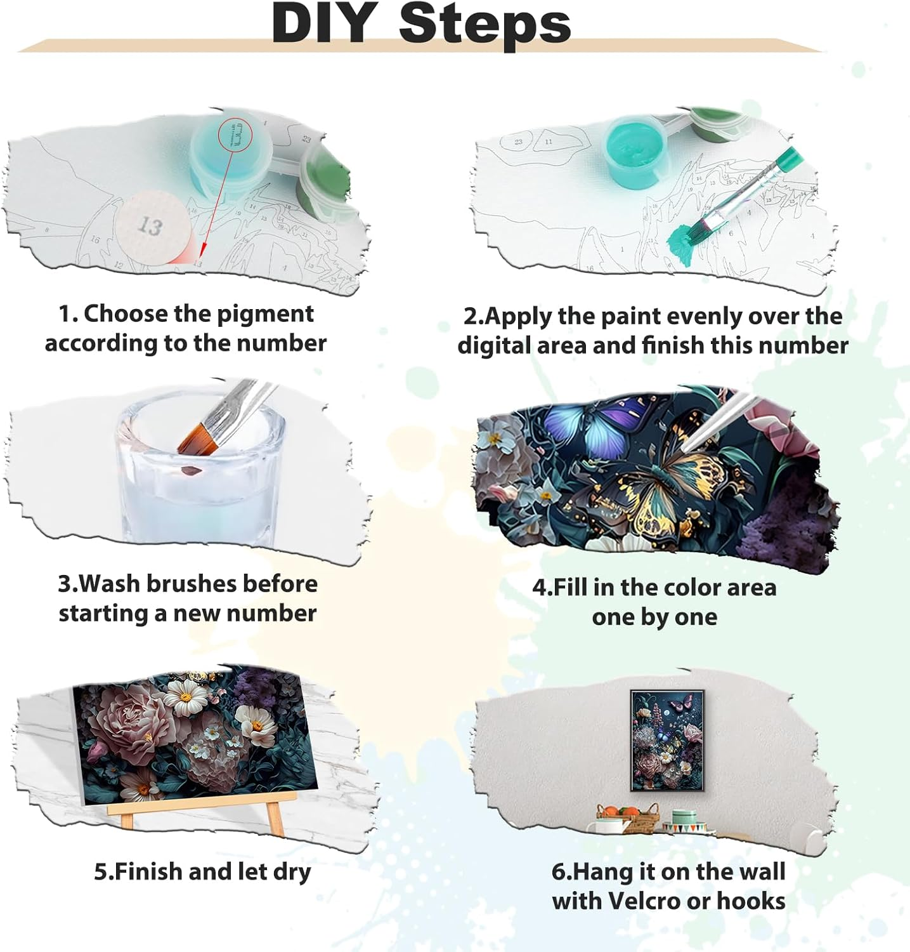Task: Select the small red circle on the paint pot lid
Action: pos(235,135)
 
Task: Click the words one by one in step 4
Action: pos(654,617)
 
